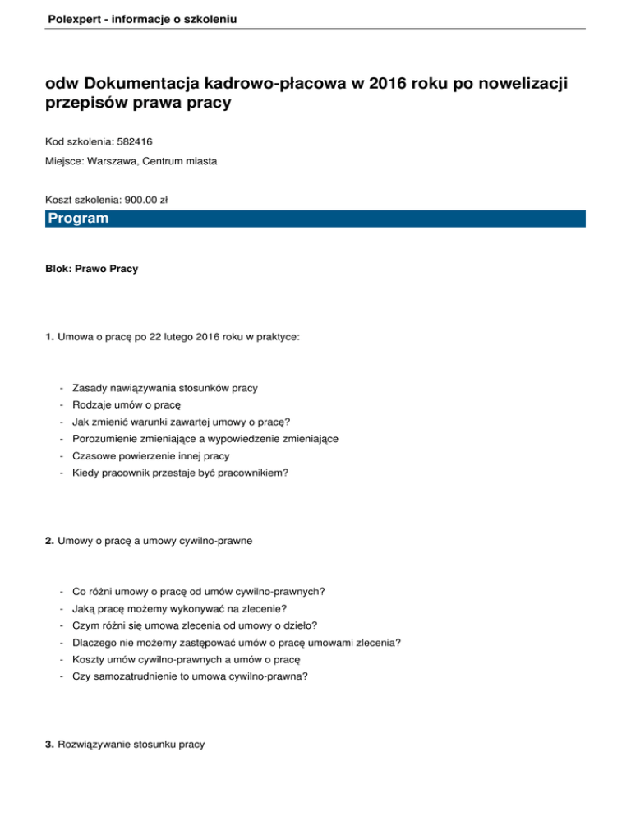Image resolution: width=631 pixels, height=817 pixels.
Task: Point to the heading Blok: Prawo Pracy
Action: point(92,269)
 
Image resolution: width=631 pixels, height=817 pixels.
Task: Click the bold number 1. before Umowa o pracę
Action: point(50,359)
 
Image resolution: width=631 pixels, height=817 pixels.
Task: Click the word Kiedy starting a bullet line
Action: point(87,473)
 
